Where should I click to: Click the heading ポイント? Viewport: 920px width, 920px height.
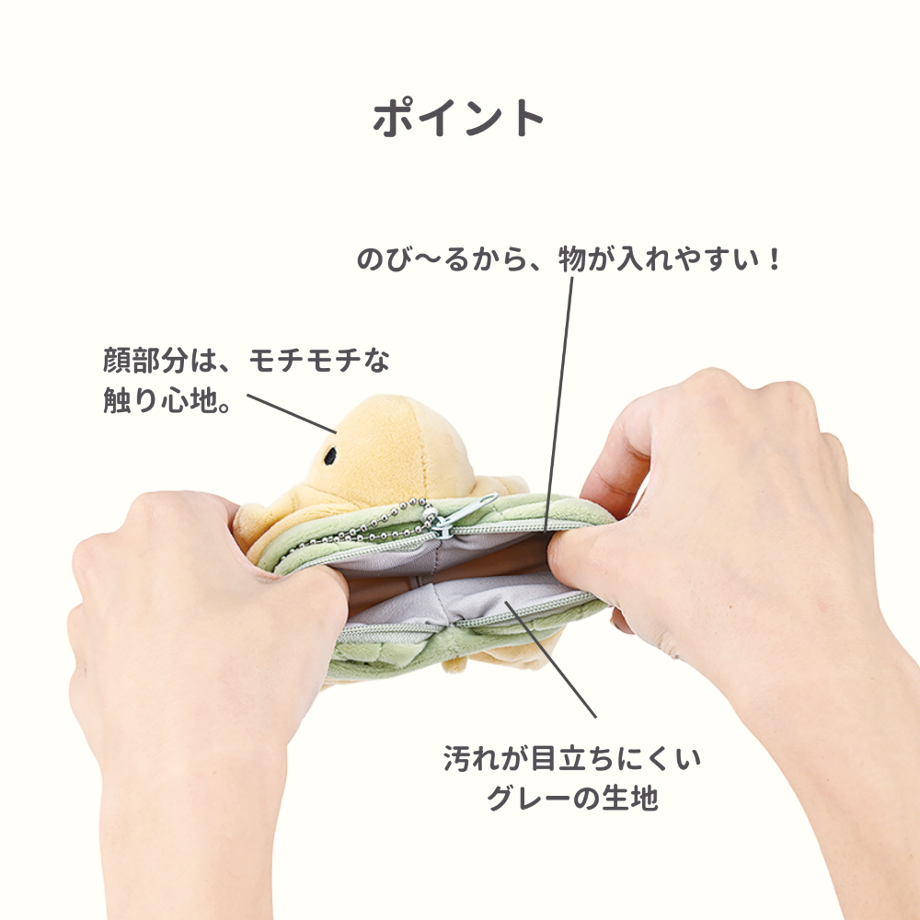click(x=459, y=118)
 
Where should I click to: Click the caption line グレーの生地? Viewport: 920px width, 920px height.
click(x=571, y=799)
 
